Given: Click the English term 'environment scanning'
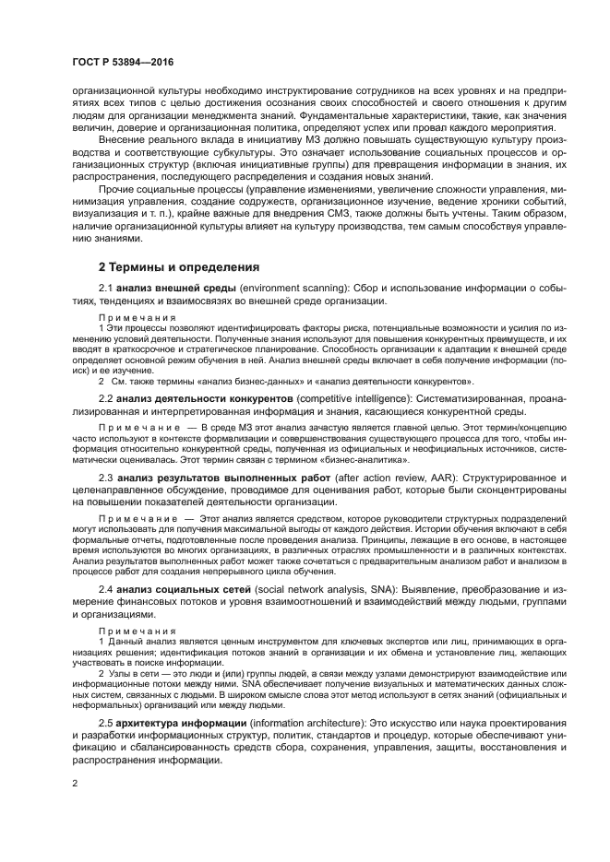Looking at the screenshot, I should tap(291, 288).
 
